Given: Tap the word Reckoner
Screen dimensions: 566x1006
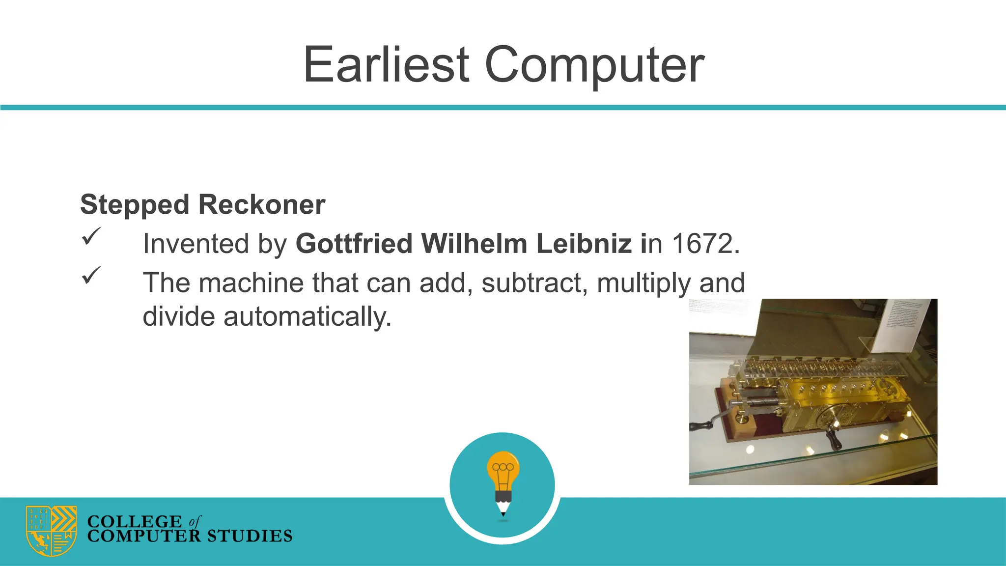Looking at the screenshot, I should tap(261, 205).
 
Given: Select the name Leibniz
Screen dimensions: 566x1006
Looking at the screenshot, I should tap(584, 244).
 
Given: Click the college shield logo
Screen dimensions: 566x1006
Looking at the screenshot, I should tap(51, 531).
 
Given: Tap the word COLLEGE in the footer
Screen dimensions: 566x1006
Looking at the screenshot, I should tap(134, 521).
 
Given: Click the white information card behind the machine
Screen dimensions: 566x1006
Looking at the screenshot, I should tap(904, 325).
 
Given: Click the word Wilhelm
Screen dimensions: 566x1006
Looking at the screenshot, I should tap(474, 244).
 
